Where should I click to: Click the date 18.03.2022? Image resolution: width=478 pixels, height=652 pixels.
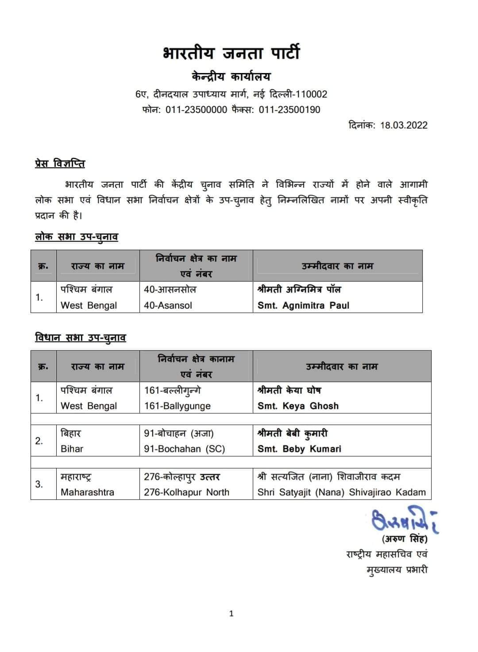click(x=404, y=125)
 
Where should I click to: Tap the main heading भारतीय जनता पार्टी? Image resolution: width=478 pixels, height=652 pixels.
click(x=231, y=53)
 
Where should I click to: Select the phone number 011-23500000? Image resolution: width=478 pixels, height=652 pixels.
click(x=196, y=110)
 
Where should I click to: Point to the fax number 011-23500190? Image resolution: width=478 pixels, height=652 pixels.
click(x=289, y=110)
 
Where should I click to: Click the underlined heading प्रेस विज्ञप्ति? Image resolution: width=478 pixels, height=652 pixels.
click(x=60, y=164)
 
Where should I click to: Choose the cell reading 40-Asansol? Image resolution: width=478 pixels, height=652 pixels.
click(x=168, y=305)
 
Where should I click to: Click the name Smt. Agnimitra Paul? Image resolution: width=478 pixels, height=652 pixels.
click(x=303, y=305)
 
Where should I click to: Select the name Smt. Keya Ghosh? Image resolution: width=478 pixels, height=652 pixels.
click(x=298, y=406)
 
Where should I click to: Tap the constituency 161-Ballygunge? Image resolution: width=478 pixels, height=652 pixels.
click(x=177, y=406)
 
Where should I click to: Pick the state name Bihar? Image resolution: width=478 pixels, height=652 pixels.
click(x=72, y=449)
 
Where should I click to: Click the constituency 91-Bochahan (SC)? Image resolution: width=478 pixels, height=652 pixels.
click(x=184, y=449)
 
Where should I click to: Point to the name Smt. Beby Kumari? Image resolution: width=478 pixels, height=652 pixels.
click(x=299, y=449)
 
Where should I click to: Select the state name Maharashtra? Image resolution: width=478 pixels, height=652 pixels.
click(x=87, y=492)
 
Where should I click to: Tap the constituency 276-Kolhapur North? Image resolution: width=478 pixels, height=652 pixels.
click(x=186, y=492)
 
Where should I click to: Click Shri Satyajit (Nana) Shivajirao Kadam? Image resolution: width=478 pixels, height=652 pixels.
click(x=341, y=492)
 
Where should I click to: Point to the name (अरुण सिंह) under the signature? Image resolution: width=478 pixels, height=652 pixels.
click(x=404, y=539)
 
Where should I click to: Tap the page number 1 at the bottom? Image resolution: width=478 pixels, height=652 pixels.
click(x=231, y=613)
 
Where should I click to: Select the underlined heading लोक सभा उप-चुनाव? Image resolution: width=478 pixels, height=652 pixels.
click(x=77, y=237)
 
